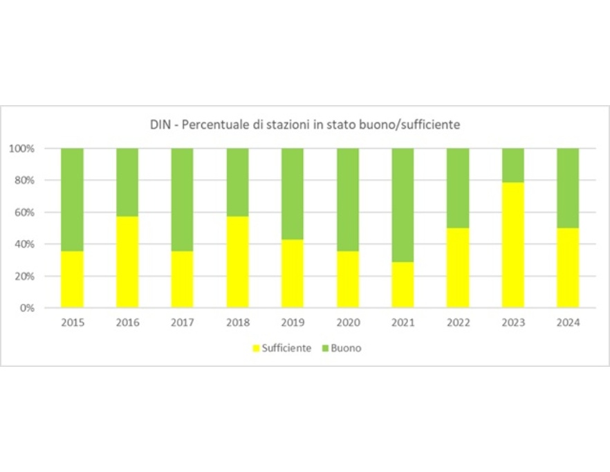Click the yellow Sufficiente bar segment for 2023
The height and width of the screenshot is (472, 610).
512,245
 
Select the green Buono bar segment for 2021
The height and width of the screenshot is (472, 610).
403,205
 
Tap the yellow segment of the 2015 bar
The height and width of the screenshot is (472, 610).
72,279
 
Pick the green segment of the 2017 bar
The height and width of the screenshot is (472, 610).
182,199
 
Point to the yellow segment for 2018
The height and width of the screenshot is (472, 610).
237,262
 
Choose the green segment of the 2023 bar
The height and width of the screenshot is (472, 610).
512,165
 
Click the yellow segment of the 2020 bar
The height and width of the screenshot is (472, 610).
348,279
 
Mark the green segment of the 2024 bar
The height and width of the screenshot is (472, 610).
568,188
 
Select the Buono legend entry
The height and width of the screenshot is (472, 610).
344,348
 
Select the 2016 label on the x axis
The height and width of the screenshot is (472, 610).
127,323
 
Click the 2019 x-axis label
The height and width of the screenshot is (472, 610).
293,323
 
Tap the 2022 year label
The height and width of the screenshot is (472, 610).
458,323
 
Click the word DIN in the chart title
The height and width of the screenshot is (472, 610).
160,125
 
